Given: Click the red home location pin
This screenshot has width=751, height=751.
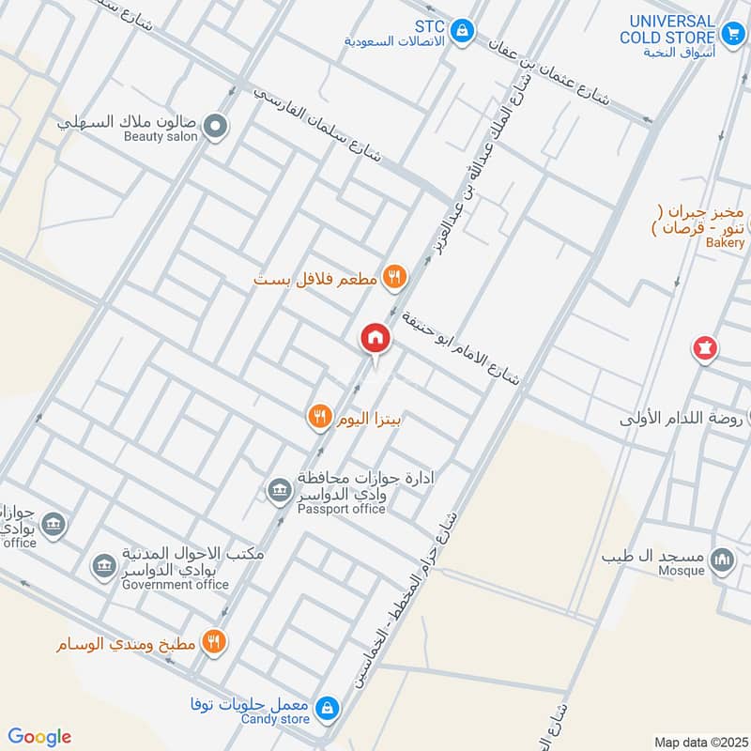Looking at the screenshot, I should pyautogui.click(x=375, y=339).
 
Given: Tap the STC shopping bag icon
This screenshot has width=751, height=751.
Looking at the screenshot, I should pyautogui.click(x=461, y=31).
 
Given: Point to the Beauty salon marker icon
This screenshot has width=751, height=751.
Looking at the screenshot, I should pyautogui.click(x=217, y=125).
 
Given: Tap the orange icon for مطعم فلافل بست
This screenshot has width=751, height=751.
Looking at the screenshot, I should pyautogui.click(x=394, y=277).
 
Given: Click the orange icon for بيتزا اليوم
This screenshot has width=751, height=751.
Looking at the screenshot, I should pyautogui.click(x=320, y=415).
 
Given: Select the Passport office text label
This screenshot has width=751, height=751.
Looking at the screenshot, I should pyautogui.click(x=341, y=509).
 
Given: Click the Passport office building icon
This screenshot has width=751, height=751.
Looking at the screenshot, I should pyautogui.click(x=278, y=489).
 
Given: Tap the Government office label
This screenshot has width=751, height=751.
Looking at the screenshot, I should pyautogui.click(x=176, y=584).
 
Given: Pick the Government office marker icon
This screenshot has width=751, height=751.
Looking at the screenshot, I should pyautogui.click(x=102, y=566).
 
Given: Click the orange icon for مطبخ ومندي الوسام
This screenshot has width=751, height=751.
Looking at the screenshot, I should pyautogui.click(x=216, y=642).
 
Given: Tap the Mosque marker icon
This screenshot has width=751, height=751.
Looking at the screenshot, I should pyautogui.click(x=722, y=560).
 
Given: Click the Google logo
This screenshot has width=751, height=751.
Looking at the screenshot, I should pyautogui.click(x=39, y=737).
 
